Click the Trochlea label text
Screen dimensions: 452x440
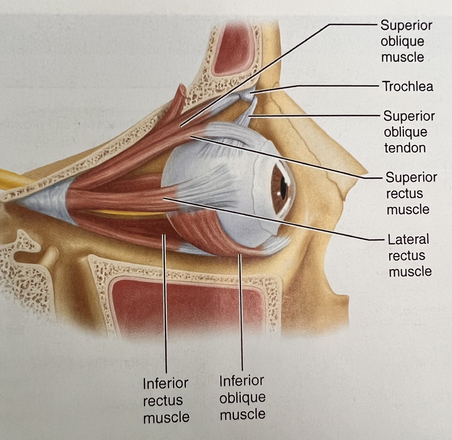point(408,86)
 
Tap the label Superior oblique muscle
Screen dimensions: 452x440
point(406,41)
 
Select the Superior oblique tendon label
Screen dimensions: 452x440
point(409,132)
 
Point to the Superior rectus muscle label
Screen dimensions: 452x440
point(411,193)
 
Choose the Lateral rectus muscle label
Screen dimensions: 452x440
point(409,255)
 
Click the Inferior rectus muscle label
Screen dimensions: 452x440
point(166,400)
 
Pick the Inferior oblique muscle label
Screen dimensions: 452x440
point(242,397)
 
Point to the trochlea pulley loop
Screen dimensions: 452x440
point(246,96)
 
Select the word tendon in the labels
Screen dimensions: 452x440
point(405,148)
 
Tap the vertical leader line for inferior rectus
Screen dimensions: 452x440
point(165,305)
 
